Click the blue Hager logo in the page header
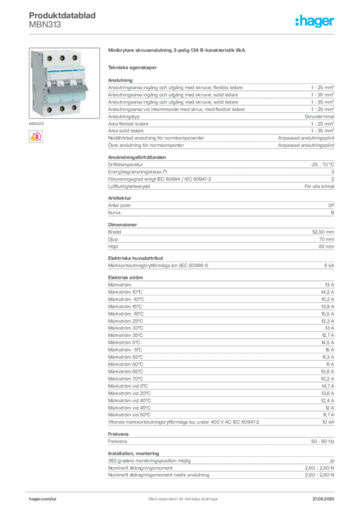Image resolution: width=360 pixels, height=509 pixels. [315, 21]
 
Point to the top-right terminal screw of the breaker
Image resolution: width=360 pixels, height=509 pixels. [74, 58]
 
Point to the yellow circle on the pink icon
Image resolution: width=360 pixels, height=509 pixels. [32, 139]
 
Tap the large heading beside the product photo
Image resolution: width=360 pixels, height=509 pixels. [177, 51]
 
